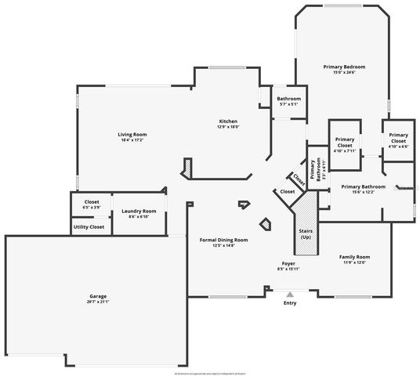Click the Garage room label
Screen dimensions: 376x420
click(x=97, y=296)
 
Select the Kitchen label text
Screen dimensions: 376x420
click(x=228, y=121)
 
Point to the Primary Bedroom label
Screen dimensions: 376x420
click(x=344, y=67)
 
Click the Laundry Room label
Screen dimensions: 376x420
click(x=139, y=211)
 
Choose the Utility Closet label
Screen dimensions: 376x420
click(x=89, y=226)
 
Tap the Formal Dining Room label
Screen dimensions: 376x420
click(x=224, y=240)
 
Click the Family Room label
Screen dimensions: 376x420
click(x=354, y=257)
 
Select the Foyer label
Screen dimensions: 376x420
click(x=288, y=264)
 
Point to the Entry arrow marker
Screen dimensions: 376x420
click(x=290, y=294)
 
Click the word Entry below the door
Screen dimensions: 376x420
click(x=290, y=302)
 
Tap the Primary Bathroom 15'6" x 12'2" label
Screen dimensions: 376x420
click(x=363, y=187)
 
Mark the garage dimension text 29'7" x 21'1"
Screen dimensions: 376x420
click(x=97, y=302)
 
